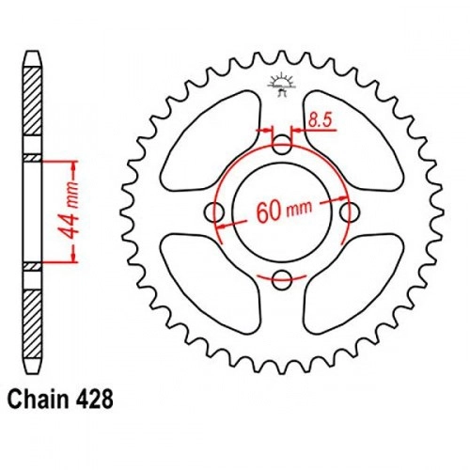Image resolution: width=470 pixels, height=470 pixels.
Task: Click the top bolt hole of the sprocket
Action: [x=282, y=145]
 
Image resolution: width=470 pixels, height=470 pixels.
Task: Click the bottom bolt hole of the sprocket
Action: [x=282, y=280]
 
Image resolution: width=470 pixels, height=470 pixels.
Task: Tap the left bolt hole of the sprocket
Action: [x=214, y=212]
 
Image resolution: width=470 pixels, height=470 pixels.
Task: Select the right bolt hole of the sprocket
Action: [x=350, y=212]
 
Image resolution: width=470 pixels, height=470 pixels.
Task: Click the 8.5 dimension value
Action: [x=320, y=120]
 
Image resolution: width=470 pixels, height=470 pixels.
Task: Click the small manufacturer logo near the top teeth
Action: [x=281, y=84]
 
